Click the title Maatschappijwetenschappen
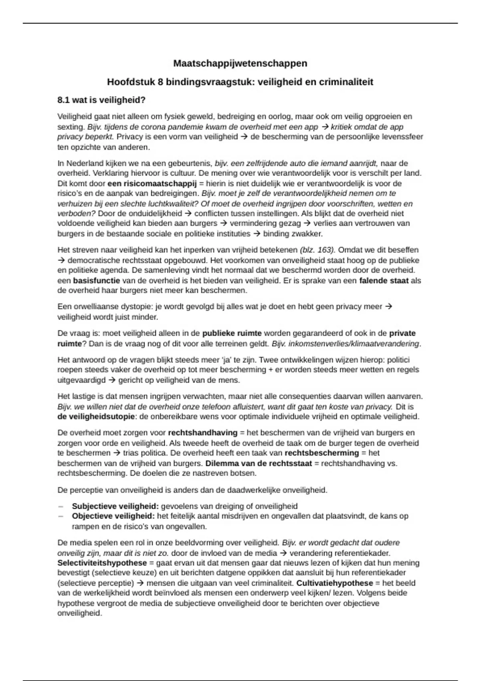click(240, 63)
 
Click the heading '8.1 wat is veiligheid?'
click(101, 100)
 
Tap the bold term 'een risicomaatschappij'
click(152, 183)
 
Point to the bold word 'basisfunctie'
click(97, 280)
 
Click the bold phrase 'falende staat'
click(384, 280)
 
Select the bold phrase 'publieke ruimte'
click(232, 333)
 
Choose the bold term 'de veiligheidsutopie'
click(96, 417)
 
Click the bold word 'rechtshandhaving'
click(203, 433)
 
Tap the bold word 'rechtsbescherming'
click(322, 453)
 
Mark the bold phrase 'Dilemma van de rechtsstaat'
click(259, 463)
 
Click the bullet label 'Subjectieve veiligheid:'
click(115, 506)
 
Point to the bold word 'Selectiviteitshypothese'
click(102, 563)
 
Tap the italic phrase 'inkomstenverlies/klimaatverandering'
click(346, 344)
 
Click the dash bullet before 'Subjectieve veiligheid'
click(61, 506)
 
